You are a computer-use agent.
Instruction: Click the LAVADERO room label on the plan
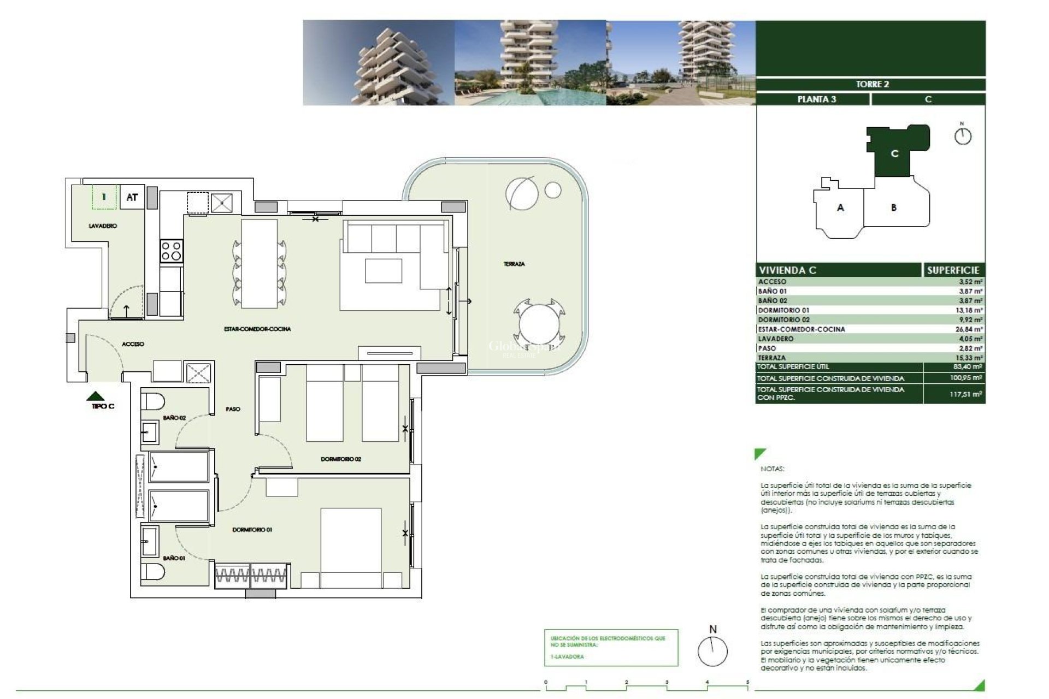click(103, 226)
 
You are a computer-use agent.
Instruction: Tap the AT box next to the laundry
click(132, 197)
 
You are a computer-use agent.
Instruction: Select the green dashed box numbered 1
click(104, 197)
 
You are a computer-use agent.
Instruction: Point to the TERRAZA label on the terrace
click(514, 264)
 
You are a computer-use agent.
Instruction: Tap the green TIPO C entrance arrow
click(96, 396)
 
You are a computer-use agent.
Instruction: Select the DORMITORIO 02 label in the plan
click(341, 459)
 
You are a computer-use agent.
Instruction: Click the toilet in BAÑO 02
click(152, 401)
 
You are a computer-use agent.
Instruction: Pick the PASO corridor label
click(233, 409)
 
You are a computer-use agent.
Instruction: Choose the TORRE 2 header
click(871, 84)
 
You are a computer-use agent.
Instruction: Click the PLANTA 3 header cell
click(816, 99)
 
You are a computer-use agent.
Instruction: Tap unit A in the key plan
click(840, 208)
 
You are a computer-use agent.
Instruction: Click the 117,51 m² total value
click(965, 394)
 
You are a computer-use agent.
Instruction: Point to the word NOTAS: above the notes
click(771, 469)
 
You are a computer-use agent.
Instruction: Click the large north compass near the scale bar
click(712, 651)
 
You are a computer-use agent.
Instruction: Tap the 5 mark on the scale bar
click(747, 682)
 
